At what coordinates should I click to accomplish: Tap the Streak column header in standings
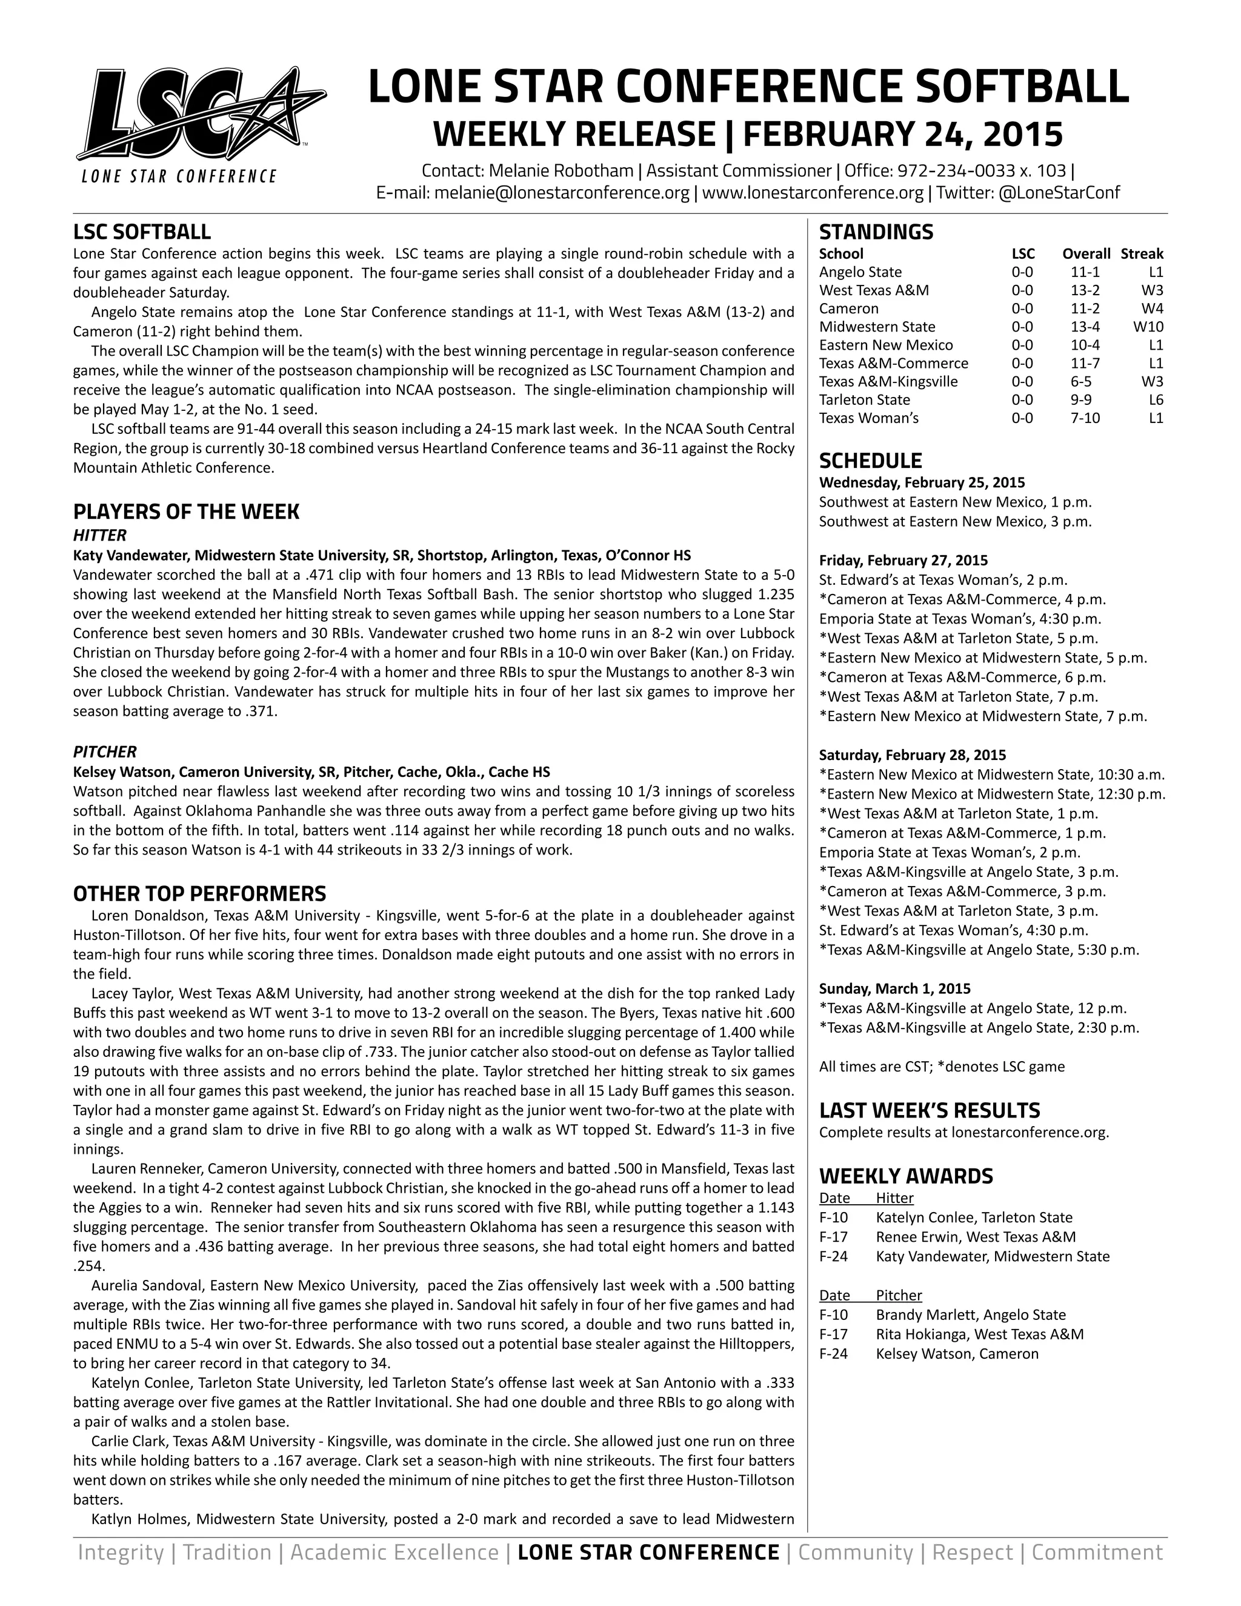pos(1141,254)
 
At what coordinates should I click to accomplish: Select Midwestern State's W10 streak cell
pos(1148,327)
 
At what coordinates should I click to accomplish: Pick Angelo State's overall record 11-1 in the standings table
pos(1085,272)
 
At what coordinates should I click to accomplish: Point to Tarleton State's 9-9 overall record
pos(1085,400)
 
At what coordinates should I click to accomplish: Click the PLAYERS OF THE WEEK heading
pos(186,512)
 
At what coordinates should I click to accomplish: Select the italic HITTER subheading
pos(100,535)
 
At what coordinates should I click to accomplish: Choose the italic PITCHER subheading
pos(104,751)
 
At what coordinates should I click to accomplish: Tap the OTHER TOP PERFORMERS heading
pos(199,893)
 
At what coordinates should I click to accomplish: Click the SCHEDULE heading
pos(870,461)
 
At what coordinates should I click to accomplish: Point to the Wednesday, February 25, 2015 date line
pos(921,482)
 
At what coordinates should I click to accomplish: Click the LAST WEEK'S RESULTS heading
pos(930,1110)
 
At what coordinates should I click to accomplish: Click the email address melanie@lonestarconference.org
pos(562,193)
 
